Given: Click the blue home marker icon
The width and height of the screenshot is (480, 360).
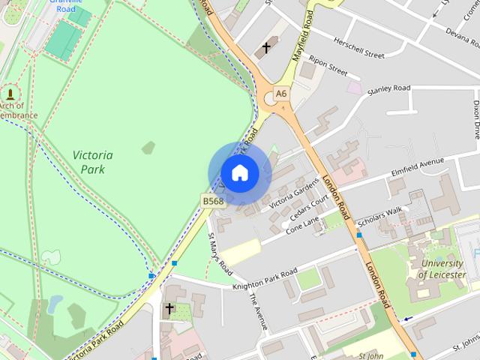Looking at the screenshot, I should click(x=239, y=173).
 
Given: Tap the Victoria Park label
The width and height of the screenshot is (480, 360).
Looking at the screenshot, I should click(x=94, y=162).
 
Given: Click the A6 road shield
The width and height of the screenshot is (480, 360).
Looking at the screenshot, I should click(x=280, y=93).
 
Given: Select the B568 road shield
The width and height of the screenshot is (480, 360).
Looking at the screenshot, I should click(x=212, y=201).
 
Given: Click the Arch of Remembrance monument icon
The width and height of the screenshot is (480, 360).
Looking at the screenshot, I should click(x=10, y=94).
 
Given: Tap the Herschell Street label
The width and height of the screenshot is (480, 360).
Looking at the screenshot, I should click(x=359, y=49).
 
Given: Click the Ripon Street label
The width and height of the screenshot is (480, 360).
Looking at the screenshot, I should click(x=328, y=66).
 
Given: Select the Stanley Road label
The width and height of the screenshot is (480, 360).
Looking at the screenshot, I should click(x=389, y=89).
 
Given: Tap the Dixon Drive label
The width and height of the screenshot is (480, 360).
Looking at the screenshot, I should click(x=475, y=120).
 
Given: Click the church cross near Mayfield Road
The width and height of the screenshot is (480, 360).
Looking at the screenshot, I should click(x=265, y=49).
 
